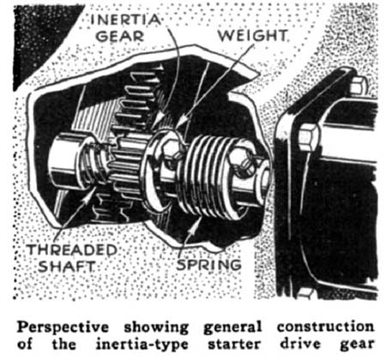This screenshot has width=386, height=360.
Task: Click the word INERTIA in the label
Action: pos(125,20)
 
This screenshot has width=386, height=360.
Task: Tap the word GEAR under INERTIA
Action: pos(120,36)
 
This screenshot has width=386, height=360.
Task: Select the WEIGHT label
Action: pos(252,35)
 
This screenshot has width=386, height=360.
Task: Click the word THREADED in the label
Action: pos(72,250)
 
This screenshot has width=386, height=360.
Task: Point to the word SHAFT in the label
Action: pos(66,267)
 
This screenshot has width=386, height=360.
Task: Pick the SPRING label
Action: pos(208,265)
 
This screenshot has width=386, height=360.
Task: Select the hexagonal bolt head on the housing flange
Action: pos(310,138)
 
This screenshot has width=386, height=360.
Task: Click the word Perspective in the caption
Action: pos(63,327)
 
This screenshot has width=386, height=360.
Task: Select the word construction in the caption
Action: pos(325,327)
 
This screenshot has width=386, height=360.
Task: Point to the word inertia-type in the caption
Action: pos(142,345)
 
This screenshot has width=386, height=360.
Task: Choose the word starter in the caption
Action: pos(234,345)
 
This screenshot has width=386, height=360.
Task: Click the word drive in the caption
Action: pos(300,344)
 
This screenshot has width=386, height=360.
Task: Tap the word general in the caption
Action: pos(232,327)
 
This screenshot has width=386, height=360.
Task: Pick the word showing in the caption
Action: pos(156,327)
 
